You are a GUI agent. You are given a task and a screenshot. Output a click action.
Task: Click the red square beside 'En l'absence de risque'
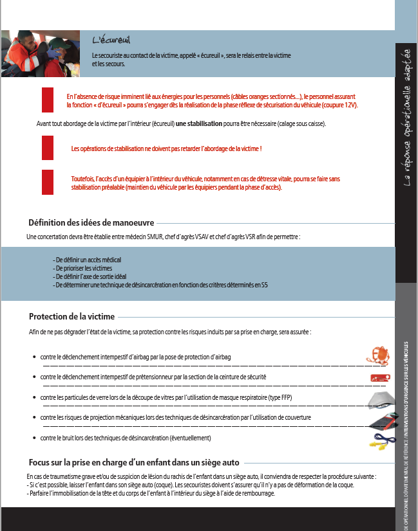click(48, 100)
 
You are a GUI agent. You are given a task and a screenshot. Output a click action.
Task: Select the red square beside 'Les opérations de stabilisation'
click(48, 148)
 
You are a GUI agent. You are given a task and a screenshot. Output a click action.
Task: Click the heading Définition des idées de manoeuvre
click(91, 223)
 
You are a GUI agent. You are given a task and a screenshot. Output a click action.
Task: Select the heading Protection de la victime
click(71, 316)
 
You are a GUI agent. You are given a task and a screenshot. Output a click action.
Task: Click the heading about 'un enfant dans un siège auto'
click(134, 462)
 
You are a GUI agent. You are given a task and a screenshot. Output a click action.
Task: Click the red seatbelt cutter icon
click(380, 377)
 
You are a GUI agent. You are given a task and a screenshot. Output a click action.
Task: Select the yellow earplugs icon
click(379, 441)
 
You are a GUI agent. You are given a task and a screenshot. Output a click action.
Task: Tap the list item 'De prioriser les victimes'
click(84, 267)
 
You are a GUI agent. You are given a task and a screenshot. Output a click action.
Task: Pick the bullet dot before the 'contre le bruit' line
click(33, 438)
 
